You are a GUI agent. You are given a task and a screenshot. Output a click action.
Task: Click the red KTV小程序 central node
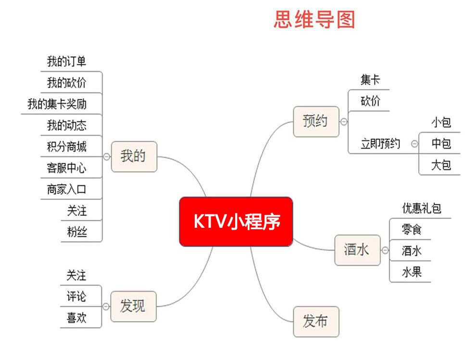coord(236,222)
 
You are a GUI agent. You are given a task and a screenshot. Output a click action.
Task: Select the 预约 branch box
coord(316,122)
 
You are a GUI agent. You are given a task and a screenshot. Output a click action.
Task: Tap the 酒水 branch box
coord(357,250)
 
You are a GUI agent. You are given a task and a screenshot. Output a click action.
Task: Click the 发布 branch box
coord(316,322)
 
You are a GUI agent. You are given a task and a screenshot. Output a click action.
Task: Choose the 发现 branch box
coord(133,306)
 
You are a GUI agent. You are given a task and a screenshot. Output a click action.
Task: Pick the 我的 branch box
coord(133,156)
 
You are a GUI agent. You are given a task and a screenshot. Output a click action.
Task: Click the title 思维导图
coord(314,20)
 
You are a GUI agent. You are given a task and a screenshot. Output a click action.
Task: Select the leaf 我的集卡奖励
coord(57,104)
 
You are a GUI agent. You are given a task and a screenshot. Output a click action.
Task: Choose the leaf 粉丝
coord(77,232)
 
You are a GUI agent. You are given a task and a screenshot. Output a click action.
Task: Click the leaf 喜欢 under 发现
coord(76,318)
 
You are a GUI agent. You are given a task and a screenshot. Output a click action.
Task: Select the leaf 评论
coord(76,297)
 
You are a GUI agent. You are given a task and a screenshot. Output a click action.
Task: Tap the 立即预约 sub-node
coord(380,144)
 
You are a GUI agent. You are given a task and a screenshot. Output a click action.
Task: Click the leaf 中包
coord(441,144)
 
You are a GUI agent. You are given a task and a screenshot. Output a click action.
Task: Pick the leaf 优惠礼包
coord(422,208)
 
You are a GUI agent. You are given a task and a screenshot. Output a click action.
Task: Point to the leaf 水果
coord(412,273)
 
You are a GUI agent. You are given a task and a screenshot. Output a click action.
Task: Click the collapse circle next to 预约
coord(344,122)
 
